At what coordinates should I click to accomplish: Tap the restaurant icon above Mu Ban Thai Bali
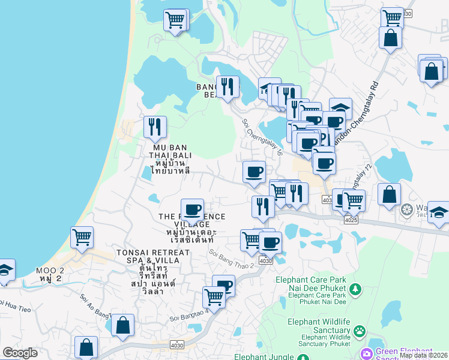click(155, 127)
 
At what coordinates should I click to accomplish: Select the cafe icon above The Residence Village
click(192, 209)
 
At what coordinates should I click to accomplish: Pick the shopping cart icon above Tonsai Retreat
click(82, 236)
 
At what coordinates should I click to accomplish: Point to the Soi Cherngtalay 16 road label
click(262, 137)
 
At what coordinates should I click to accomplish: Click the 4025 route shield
click(351, 220)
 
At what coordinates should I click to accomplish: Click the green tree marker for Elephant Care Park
click(355, 290)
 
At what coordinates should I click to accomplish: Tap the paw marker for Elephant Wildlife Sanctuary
click(360, 331)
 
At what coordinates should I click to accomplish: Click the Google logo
click(20, 353)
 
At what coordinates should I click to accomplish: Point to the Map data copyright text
click(423, 355)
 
